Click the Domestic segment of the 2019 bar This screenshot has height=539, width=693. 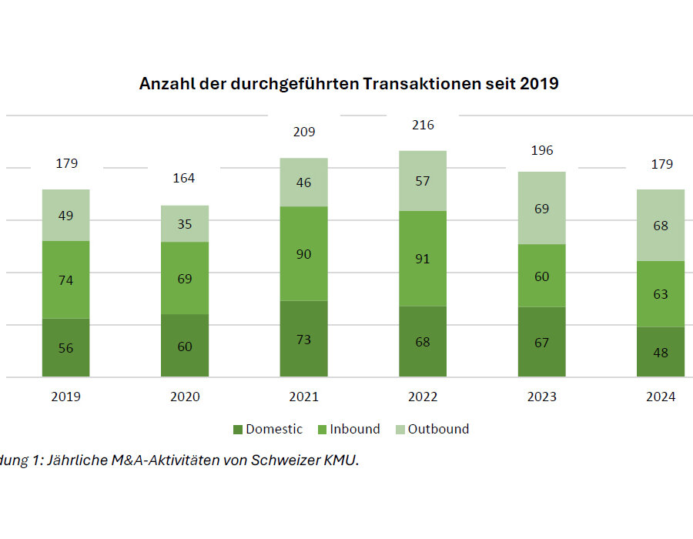65,347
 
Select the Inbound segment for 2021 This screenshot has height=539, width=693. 303,253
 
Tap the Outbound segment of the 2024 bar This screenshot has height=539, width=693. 661,225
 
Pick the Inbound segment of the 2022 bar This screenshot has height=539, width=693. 423,259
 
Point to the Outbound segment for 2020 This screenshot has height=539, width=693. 185,223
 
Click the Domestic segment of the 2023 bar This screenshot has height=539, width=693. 541,342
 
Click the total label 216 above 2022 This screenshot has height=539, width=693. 423,125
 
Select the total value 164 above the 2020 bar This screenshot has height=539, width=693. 184,178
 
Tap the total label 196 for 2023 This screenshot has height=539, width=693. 542,150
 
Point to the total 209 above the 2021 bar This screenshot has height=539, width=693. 303,132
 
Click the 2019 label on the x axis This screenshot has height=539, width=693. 65,397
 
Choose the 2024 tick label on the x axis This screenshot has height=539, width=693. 661,397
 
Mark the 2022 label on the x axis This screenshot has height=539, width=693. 423,397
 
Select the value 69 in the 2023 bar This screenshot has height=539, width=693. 542,208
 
